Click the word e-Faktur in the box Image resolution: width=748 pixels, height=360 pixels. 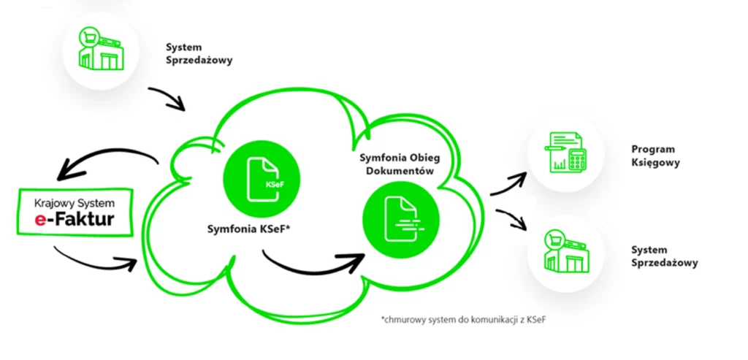[74, 218]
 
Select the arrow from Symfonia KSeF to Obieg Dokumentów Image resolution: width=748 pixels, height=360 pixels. [314, 259]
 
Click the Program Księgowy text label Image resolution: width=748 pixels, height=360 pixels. [655, 156]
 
